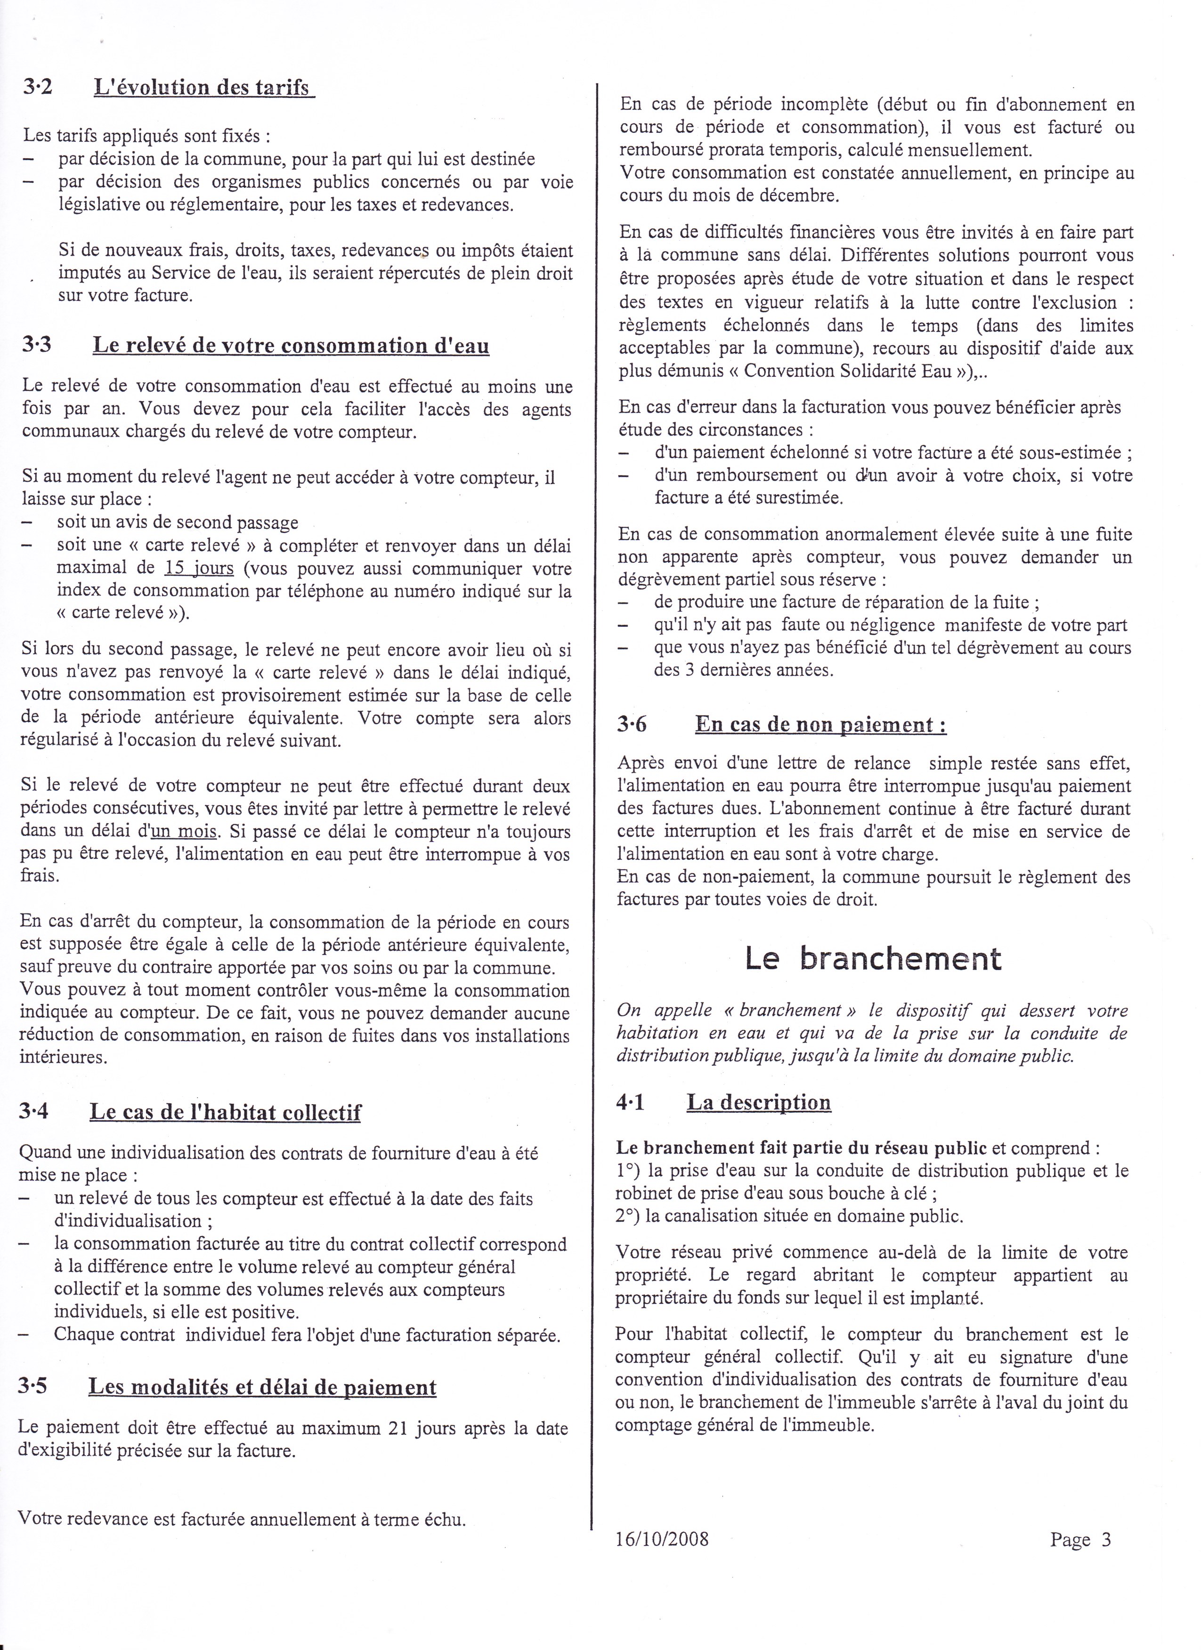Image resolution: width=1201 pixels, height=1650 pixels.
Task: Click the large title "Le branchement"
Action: pyautogui.click(x=872, y=958)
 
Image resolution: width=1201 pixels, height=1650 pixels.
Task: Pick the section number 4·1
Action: pyautogui.click(x=631, y=1102)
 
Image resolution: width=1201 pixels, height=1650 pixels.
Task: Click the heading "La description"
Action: pyautogui.click(x=758, y=1102)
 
